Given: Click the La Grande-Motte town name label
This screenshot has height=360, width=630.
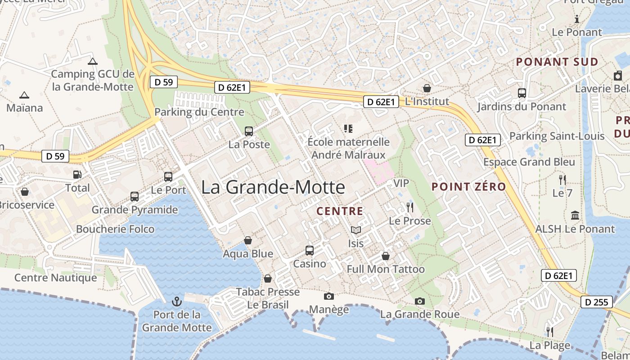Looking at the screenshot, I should click(x=273, y=187).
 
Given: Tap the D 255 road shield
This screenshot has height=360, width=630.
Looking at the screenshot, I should click(x=597, y=302).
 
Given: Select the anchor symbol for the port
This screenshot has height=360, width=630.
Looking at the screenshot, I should click(x=176, y=301).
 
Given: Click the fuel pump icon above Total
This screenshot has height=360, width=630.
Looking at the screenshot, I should click(x=77, y=174).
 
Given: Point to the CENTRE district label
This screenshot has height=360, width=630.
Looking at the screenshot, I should click(x=340, y=211).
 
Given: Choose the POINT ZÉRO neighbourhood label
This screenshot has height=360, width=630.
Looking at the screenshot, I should click(x=468, y=186).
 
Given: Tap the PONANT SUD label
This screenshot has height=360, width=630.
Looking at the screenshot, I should click(x=557, y=62).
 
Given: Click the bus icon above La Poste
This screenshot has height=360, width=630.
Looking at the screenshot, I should click(x=249, y=131).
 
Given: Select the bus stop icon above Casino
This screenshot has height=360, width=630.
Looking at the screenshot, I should click(x=310, y=250).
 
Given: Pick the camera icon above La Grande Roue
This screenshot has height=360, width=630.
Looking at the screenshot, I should click(x=420, y=301).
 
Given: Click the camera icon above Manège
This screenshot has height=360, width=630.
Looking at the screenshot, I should click(x=329, y=296).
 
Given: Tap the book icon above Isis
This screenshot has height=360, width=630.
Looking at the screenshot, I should click(x=356, y=230).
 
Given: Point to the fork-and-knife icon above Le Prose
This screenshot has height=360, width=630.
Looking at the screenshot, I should click(x=409, y=207).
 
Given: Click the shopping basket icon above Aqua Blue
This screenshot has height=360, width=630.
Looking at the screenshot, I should click(x=248, y=240).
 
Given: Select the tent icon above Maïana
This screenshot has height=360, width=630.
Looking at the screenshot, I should click(x=24, y=95).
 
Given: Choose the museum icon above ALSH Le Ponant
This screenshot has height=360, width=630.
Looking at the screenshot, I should click(x=575, y=216).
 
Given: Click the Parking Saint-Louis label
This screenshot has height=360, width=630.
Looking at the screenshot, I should click(x=557, y=136).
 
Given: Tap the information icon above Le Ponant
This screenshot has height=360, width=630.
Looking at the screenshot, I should click(x=577, y=19).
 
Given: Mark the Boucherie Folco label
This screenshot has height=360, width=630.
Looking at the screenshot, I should click(x=115, y=229).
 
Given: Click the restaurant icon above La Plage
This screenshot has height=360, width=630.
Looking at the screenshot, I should click(x=549, y=332).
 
